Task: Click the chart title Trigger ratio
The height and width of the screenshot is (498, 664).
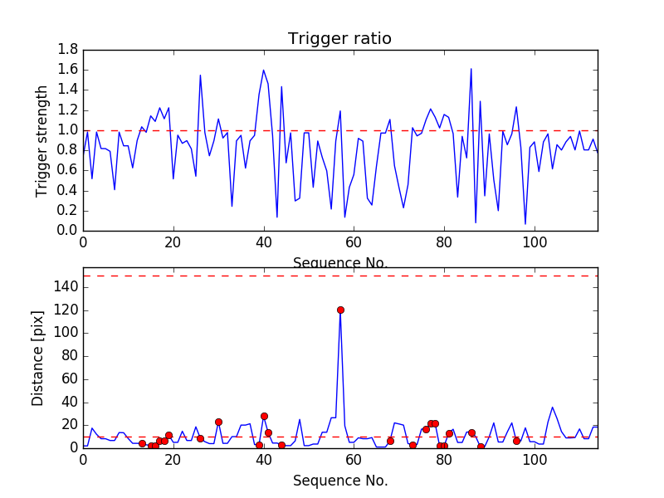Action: (x=339, y=39)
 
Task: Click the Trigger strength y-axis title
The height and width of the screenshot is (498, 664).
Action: (x=42, y=140)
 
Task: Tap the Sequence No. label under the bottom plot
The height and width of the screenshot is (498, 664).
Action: (x=339, y=481)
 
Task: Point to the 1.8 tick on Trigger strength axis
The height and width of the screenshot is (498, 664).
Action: (x=68, y=50)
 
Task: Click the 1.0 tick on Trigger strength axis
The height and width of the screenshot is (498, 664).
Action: (x=68, y=130)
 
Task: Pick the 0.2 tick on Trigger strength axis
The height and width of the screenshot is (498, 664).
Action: (x=68, y=211)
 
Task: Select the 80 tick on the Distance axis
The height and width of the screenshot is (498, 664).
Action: (x=68, y=356)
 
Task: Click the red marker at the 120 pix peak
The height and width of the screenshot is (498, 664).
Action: (x=340, y=310)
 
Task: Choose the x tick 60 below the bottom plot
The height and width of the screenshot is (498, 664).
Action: (x=354, y=459)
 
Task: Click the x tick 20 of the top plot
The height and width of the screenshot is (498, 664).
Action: (x=173, y=242)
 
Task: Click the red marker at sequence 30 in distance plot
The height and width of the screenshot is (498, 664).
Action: (x=218, y=422)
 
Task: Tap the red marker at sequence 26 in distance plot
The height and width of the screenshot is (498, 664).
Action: (x=200, y=438)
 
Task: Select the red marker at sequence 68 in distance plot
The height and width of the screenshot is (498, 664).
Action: (x=390, y=441)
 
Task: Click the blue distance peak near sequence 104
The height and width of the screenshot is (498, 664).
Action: (x=553, y=408)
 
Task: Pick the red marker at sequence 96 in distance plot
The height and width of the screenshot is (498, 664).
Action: (x=516, y=441)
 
